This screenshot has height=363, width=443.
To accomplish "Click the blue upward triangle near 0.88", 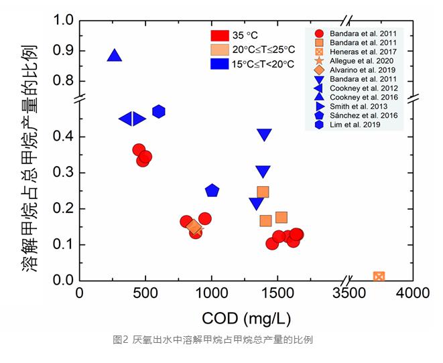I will pyautogui.click(x=115, y=56).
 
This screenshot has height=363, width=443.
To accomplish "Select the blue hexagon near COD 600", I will pyautogui.click(x=159, y=111).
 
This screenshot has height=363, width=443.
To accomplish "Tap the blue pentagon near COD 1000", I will pyautogui.click(x=212, y=190).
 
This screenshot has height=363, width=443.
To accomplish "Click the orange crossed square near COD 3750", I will pyautogui.click(x=379, y=277).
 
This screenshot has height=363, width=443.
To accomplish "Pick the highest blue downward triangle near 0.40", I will pyautogui.click(x=264, y=135).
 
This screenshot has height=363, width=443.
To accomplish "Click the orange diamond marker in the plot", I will pyautogui.click(x=194, y=227).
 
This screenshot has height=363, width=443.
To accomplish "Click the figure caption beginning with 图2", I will pyautogui.click(x=212, y=340).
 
